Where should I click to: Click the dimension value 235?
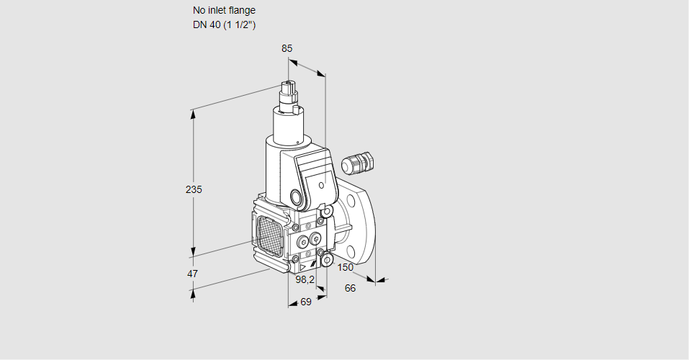tap(194, 189)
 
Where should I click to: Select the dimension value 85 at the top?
tap(287, 48)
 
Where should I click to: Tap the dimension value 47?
tap(192, 274)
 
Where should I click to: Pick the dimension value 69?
tap(305, 302)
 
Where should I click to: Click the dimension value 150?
tap(346, 268)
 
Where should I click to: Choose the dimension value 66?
tap(351, 288)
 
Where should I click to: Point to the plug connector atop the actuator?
tap(290, 93)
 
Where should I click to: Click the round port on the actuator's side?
tap(297, 197)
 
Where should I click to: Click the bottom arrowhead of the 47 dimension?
tap(192, 292)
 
